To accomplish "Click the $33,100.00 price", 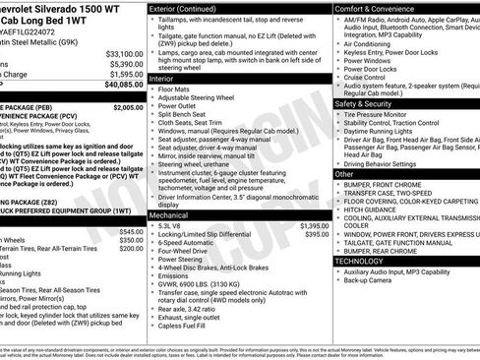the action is [124, 53].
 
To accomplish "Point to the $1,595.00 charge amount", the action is [126, 74].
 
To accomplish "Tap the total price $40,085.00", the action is [124, 85].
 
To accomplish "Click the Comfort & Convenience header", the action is [373, 8].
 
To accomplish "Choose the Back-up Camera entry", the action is [370, 281].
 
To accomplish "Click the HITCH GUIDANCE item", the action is [374, 210].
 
